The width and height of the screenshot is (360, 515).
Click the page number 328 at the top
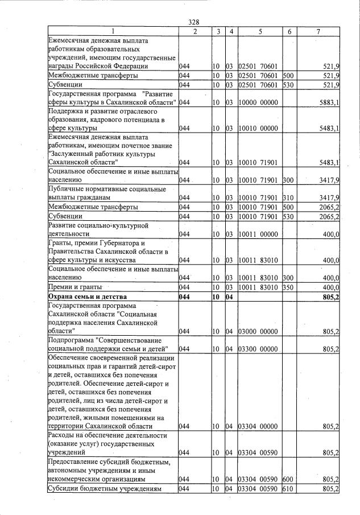coord(193,22)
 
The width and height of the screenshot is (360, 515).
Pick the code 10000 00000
coord(258,102)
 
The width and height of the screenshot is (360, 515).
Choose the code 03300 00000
coord(258,349)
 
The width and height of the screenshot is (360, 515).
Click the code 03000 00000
coord(258,331)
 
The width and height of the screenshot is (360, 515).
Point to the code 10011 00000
coord(258,234)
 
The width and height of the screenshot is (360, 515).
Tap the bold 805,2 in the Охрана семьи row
coord(330,297)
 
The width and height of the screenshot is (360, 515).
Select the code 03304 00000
coord(258,426)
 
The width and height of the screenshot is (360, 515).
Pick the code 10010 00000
coord(258,129)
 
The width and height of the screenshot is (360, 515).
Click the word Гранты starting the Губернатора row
coord(62,242)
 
